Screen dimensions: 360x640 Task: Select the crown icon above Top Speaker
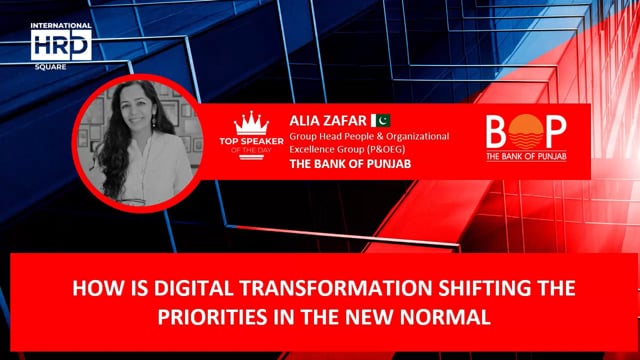(251, 123)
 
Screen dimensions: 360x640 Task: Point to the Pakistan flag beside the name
(379, 120)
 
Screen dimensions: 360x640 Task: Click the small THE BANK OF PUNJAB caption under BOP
(525, 157)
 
